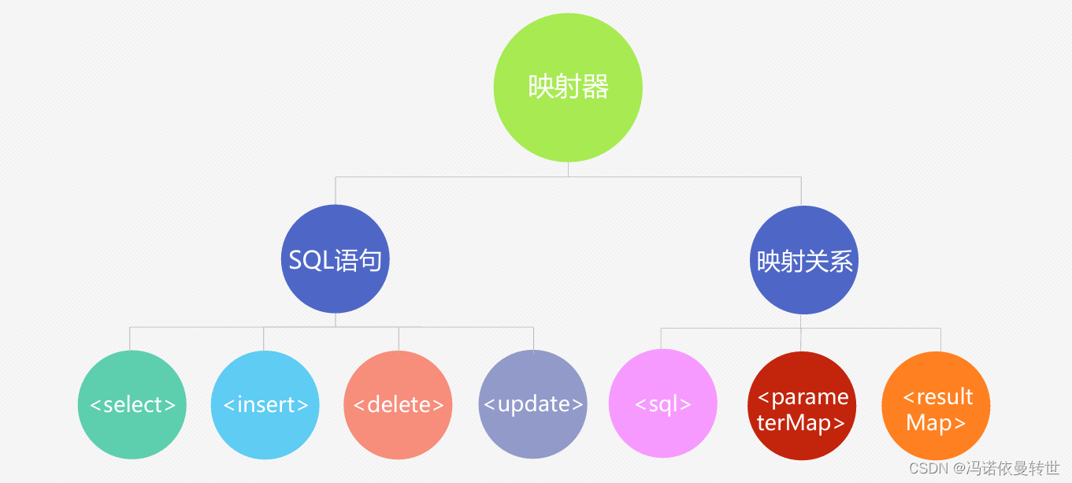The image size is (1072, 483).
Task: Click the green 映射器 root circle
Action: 568,87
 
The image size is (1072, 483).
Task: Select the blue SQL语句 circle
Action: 336,259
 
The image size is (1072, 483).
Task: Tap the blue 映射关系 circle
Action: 803,260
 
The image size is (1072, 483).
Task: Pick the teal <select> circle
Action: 132,405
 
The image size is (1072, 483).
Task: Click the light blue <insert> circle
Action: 265,405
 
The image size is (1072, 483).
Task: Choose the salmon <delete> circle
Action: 399,405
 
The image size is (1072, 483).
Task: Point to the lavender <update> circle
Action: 533,405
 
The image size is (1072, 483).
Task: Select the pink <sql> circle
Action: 663,405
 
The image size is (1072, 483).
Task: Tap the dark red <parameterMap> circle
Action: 801,406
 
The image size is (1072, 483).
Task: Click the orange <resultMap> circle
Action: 936,406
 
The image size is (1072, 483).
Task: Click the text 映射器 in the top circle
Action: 568,87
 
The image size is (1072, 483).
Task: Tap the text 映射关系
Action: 804,261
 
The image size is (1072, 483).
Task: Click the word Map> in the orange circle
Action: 936,423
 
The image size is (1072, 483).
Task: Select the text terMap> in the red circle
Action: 801,423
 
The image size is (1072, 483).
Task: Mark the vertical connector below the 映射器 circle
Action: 568,169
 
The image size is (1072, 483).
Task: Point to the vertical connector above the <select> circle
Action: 130,338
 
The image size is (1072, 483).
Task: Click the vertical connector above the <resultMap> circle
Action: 940,340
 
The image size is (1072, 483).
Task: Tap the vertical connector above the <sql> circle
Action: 661,339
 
